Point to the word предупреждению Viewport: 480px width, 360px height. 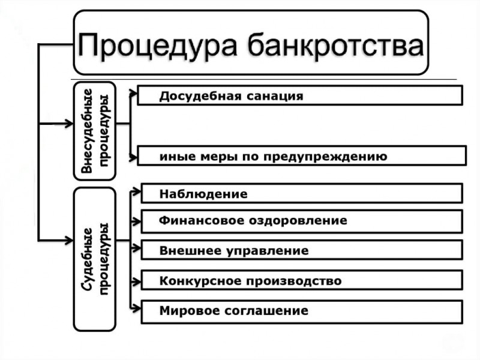pyautogui.click(x=325, y=157)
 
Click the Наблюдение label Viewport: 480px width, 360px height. pyautogui.click(x=203, y=194)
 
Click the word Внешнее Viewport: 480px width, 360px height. pyautogui.click(x=190, y=250)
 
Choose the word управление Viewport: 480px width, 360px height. pyautogui.click(x=268, y=251)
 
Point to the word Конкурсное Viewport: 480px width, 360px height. pyautogui.click(x=200, y=281)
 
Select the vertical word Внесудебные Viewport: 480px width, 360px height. pyautogui.click(x=87, y=131)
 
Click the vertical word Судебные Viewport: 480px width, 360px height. pyautogui.click(x=87, y=259)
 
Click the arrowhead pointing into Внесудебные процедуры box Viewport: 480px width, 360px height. pyautogui.click(x=69, y=124)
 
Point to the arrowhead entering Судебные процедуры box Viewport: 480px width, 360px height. pyautogui.click(x=69, y=241)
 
